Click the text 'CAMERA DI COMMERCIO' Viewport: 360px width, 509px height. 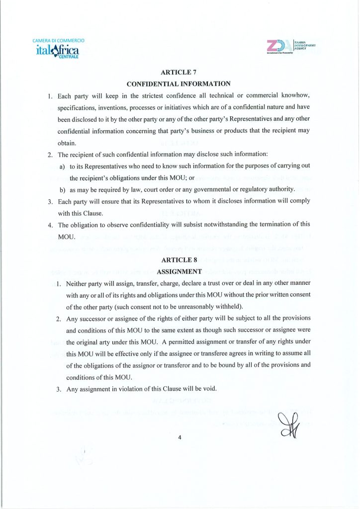[58, 40]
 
